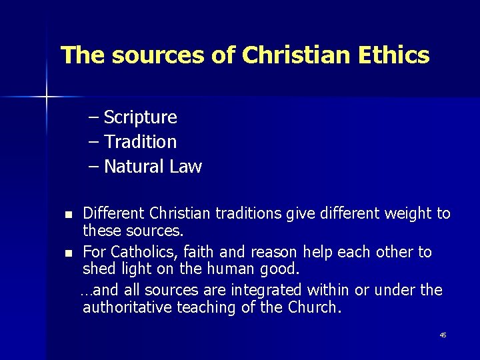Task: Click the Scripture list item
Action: tap(140, 117)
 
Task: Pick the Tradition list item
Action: tap(140, 142)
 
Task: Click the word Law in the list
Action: tap(185, 167)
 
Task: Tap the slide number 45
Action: tap(443, 335)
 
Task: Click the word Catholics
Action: tap(141, 253)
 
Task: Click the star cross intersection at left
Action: tap(47, 97)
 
